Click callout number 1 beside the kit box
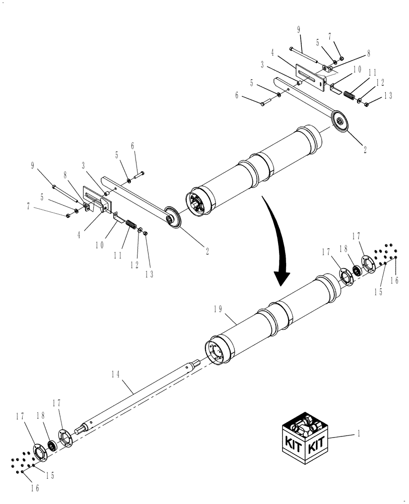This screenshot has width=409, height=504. [x=359, y=433]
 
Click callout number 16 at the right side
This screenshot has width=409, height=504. [x=395, y=280]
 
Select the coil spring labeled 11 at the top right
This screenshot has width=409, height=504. [x=347, y=95]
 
